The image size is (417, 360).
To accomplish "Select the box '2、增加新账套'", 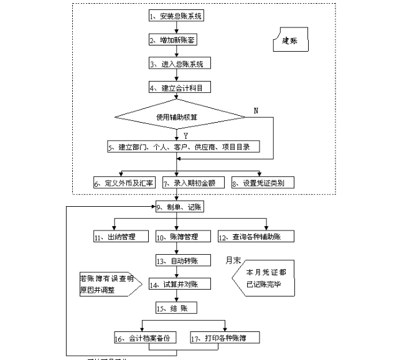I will tap(176, 40).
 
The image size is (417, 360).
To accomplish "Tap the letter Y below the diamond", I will tap(185, 135).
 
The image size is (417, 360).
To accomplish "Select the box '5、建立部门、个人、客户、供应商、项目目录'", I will tap(182, 147).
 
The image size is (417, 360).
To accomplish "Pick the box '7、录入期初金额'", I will tap(190, 183).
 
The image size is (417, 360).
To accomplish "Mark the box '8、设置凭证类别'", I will tap(263, 183).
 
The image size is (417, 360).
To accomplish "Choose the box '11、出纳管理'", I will tap(121, 237).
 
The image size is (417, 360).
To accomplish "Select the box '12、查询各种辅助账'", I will tap(256, 237).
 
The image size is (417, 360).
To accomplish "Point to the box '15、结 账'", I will tap(176, 308).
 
